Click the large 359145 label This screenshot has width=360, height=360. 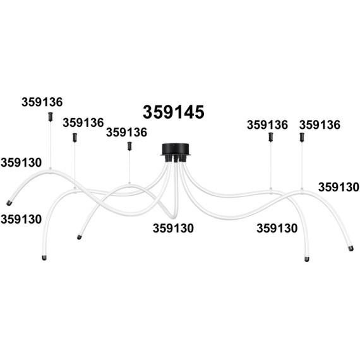(174, 112)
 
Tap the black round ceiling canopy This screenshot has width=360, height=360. (176, 149)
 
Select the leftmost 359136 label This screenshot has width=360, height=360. (42, 102)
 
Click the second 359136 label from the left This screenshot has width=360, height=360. (83, 123)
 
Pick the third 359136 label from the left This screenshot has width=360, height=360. (126, 133)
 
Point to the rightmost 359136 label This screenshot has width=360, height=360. (320, 125)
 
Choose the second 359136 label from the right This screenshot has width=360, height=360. (267, 125)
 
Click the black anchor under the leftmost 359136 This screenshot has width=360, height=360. (51, 117)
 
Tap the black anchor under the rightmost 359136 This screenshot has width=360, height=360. (302, 137)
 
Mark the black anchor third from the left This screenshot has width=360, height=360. (129, 146)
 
